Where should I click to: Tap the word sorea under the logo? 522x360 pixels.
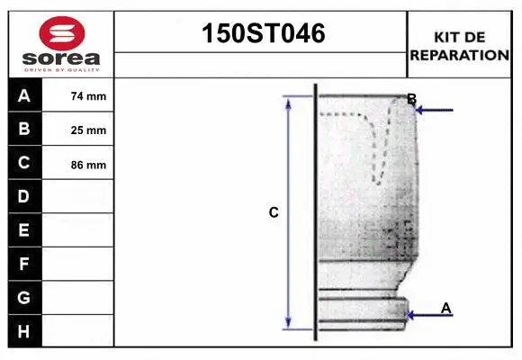pos(61,59)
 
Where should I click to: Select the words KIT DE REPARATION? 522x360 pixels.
pos(460,46)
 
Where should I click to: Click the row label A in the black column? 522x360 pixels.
pos(24,95)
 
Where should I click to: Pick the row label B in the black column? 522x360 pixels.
pos(24,129)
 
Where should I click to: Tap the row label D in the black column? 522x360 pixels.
pos(24,196)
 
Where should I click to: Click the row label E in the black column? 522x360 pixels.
pos(24,230)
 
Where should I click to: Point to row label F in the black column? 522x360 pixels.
pos(24,265)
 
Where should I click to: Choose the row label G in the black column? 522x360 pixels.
pos(24,298)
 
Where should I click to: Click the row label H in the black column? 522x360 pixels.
pos(24,331)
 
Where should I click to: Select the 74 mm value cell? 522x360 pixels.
pos(88,96)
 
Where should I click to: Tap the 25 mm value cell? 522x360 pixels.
pos(88,130)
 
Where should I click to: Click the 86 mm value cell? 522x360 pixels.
pos(88,165)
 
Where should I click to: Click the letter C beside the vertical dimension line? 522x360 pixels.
pos(274,213)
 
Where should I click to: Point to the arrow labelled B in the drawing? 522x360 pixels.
pos(435,110)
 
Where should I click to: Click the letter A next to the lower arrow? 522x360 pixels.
pos(445,308)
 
